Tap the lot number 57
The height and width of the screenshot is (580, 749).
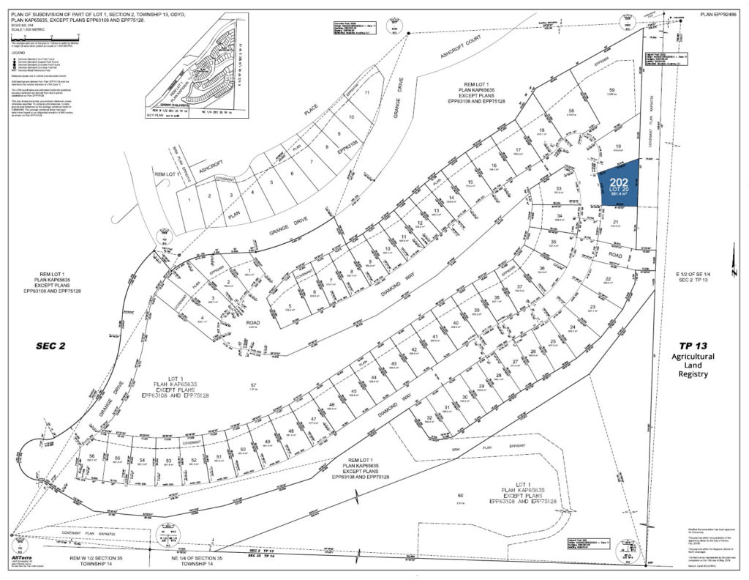[254, 385]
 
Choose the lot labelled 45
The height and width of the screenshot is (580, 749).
[354, 392]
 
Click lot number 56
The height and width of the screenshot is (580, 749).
[91, 456]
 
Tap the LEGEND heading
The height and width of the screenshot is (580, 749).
[16, 53]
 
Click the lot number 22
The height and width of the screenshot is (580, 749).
[608, 279]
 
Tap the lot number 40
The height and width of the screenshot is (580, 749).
[455, 323]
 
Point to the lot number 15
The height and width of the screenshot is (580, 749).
[470, 182]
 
